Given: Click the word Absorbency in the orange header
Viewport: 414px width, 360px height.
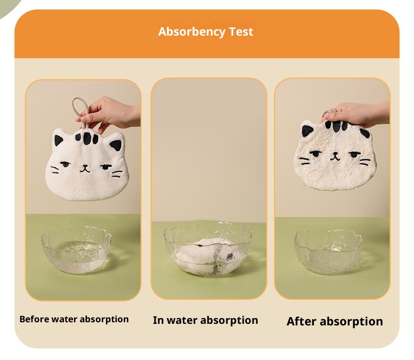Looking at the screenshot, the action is click(192, 32).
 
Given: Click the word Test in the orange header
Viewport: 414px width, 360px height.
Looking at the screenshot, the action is click(241, 31).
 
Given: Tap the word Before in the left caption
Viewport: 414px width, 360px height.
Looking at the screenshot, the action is click(34, 319).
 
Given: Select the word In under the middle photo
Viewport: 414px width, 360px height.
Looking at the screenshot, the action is click(158, 320).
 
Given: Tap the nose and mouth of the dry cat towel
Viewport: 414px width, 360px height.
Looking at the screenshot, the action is click(85, 168).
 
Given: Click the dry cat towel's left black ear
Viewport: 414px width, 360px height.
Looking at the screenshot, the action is click(58, 140).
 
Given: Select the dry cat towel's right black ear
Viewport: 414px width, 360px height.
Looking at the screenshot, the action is click(116, 145).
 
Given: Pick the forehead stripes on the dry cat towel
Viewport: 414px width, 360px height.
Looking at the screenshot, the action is click(86, 138).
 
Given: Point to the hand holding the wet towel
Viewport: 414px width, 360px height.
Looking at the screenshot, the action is click(355, 114).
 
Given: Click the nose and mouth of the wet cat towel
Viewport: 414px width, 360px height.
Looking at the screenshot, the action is click(335, 156).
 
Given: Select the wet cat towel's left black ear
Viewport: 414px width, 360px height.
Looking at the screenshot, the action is click(307, 130).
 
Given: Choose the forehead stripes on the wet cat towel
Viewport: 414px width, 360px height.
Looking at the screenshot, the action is click(336, 126).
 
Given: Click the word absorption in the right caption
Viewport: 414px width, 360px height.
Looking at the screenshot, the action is click(351, 322).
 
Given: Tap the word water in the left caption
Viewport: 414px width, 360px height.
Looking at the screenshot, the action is click(64, 319).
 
